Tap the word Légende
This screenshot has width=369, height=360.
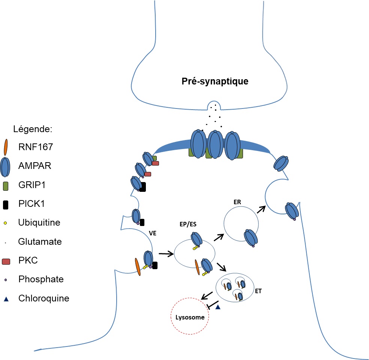coord(32,130)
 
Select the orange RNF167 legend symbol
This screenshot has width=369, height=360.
coord(5,147)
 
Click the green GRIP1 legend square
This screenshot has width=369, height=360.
coord(5,185)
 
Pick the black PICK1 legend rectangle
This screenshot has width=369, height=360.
coord(5,204)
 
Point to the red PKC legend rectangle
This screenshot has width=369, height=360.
coord(6,261)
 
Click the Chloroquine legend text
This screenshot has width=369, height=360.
coord(43,299)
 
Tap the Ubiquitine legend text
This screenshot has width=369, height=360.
coord(39,223)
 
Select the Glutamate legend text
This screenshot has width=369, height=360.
coord(40,242)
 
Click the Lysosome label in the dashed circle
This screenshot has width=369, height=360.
coord(190,317)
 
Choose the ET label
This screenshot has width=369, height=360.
coord(258,291)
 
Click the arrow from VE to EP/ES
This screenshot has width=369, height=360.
coord(166,254)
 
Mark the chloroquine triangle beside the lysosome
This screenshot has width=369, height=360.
coord(217,307)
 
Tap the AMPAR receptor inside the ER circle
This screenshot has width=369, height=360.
coord(250,238)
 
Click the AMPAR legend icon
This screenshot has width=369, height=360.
coord(5,166)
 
